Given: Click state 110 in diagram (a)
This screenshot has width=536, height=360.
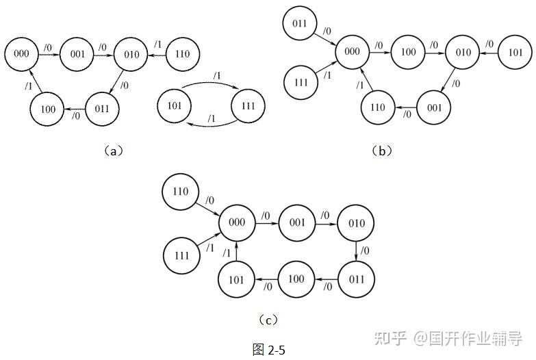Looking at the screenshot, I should click(x=182, y=53).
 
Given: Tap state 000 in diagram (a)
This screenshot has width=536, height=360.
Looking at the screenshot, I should click(x=21, y=53).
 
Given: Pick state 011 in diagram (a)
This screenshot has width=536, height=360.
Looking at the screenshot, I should click(x=102, y=108).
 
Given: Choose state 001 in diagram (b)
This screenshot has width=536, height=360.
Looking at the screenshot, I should click(x=433, y=107).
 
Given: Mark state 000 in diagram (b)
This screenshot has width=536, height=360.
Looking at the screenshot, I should click(x=352, y=52).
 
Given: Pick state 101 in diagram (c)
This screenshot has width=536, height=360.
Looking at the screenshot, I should click(x=236, y=279).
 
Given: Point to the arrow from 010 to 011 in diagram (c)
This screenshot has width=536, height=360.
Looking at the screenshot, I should click(x=355, y=251).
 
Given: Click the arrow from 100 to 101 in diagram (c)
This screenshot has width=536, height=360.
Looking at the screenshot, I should click(x=266, y=279).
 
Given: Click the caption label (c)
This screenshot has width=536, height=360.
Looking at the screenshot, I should click(x=268, y=320).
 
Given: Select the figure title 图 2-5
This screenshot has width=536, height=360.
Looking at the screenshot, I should click(x=268, y=350).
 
